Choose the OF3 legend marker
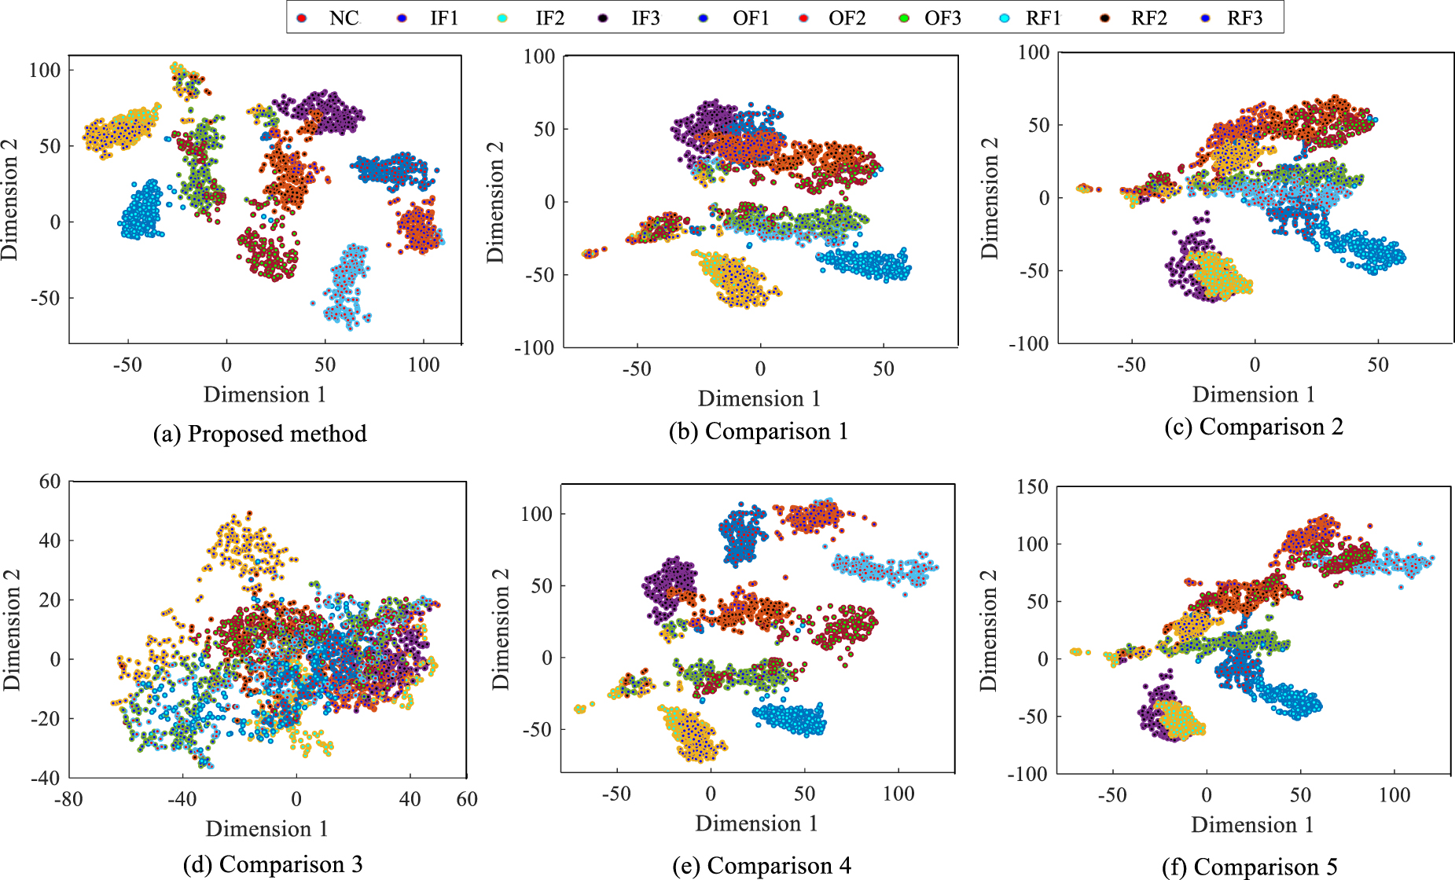(905, 18)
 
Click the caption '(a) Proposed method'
(259, 434)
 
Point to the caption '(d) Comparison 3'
(273, 864)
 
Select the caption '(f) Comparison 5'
(1249, 867)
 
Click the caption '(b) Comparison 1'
(758, 431)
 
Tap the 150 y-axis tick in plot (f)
(1031, 486)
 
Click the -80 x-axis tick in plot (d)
(68, 800)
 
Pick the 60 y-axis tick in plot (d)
(50, 481)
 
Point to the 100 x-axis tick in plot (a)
(424, 365)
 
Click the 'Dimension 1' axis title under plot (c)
(1253, 394)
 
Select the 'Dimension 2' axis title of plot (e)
(501, 629)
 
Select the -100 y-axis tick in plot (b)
(535, 347)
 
